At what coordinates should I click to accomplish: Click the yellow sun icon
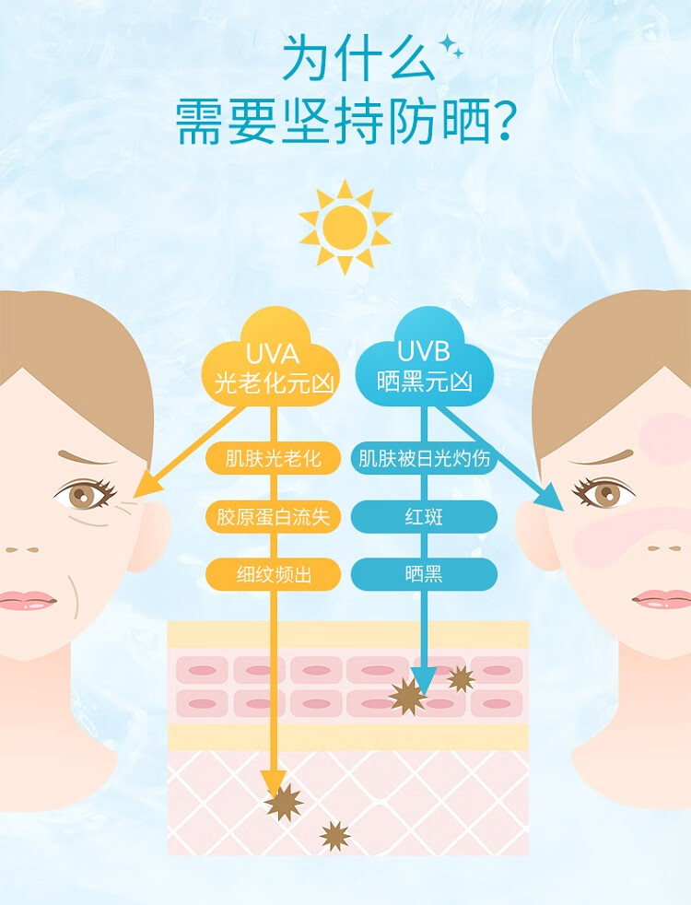tap(345, 228)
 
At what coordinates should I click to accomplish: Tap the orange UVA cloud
tap(271, 358)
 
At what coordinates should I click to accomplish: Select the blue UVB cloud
tap(424, 358)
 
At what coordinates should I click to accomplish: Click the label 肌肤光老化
tap(273, 459)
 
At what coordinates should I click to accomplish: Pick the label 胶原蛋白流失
tap(273, 517)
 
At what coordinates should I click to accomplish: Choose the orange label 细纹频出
tap(273, 574)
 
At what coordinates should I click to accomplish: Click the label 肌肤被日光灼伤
tap(424, 459)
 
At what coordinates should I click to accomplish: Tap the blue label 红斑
tap(424, 517)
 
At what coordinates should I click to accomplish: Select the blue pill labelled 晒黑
tap(424, 574)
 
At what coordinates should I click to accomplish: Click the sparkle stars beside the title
tap(451, 46)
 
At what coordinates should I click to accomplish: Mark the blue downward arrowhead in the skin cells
tap(424, 680)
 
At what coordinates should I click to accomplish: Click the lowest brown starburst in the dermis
tap(335, 836)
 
